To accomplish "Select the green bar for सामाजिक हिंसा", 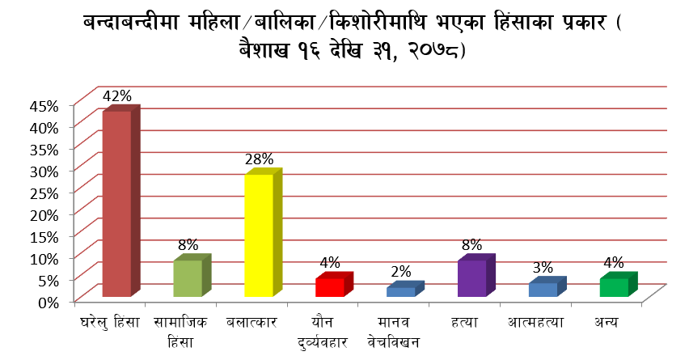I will pos(188,277).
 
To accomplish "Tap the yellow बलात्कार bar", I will pos(259,235).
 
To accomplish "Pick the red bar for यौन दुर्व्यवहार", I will pos(330,287).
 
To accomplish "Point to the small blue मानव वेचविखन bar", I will pos(400,291).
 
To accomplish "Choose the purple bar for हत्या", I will pos(471,277).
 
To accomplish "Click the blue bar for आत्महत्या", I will pos(543,289).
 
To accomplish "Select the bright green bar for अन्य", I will pos(614,287).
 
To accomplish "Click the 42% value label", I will pos(116,95).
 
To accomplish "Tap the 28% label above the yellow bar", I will pos(259,159).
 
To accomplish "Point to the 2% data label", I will pos(401,272).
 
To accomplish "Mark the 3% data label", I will pos(543,268).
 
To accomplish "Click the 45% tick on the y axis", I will pos(44,106).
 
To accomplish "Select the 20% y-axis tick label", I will pos(44,214).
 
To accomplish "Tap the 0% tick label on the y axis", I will pos(49,302).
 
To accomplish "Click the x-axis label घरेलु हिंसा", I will pos(110,322).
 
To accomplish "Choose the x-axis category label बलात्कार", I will pos(252,322).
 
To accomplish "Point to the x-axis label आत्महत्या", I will pos(536,322).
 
